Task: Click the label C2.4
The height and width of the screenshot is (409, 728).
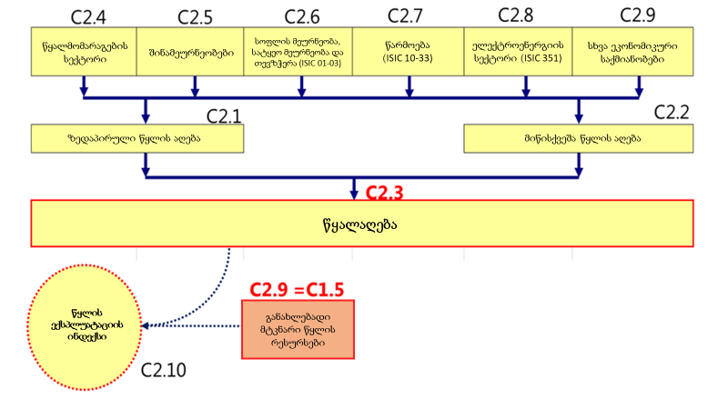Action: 88,16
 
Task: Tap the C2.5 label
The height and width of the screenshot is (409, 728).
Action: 197,16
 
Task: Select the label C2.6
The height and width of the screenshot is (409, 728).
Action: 302,16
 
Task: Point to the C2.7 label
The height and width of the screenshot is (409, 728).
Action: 406,16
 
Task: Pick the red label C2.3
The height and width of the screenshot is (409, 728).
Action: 384,193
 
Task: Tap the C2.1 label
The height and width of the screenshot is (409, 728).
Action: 224,115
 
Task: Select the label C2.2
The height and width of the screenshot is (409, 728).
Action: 672,113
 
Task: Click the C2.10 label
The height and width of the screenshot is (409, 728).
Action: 164,370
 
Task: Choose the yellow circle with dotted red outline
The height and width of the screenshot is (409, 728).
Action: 88,324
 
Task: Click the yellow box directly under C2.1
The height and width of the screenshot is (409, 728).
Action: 138,138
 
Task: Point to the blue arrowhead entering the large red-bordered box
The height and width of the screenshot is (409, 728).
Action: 355,194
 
